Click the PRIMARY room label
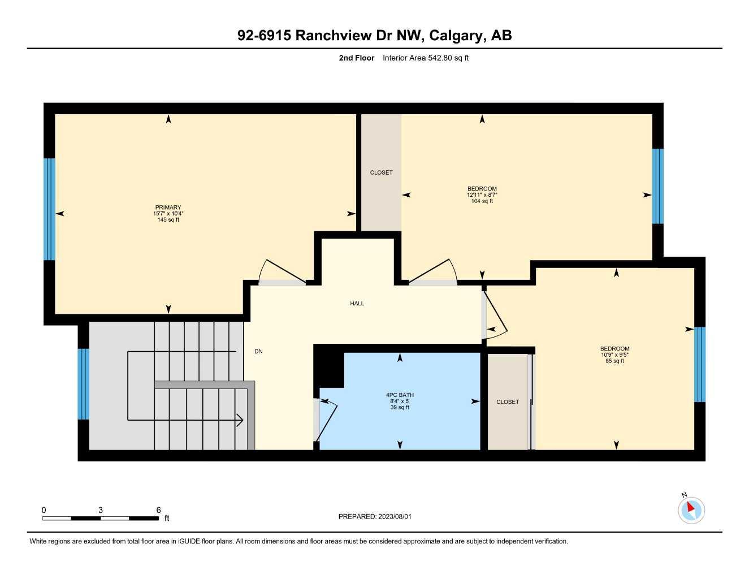click(168, 208)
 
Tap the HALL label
click(357, 304)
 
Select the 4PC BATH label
click(400, 395)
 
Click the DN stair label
click(258, 352)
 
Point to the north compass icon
click(691, 509)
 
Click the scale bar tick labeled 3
click(101, 511)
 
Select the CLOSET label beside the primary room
click(381, 172)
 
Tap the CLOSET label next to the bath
click(507, 402)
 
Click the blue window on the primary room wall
click(50, 209)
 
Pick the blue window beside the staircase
click(83, 384)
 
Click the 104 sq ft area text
click(482, 201)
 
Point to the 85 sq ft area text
click(614, 361)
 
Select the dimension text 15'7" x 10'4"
click(168, 214)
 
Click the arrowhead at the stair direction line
click(240, 420)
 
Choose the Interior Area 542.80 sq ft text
click(426, 58)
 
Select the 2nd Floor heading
click(356, 58)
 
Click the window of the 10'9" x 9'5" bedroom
click(699, 364)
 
